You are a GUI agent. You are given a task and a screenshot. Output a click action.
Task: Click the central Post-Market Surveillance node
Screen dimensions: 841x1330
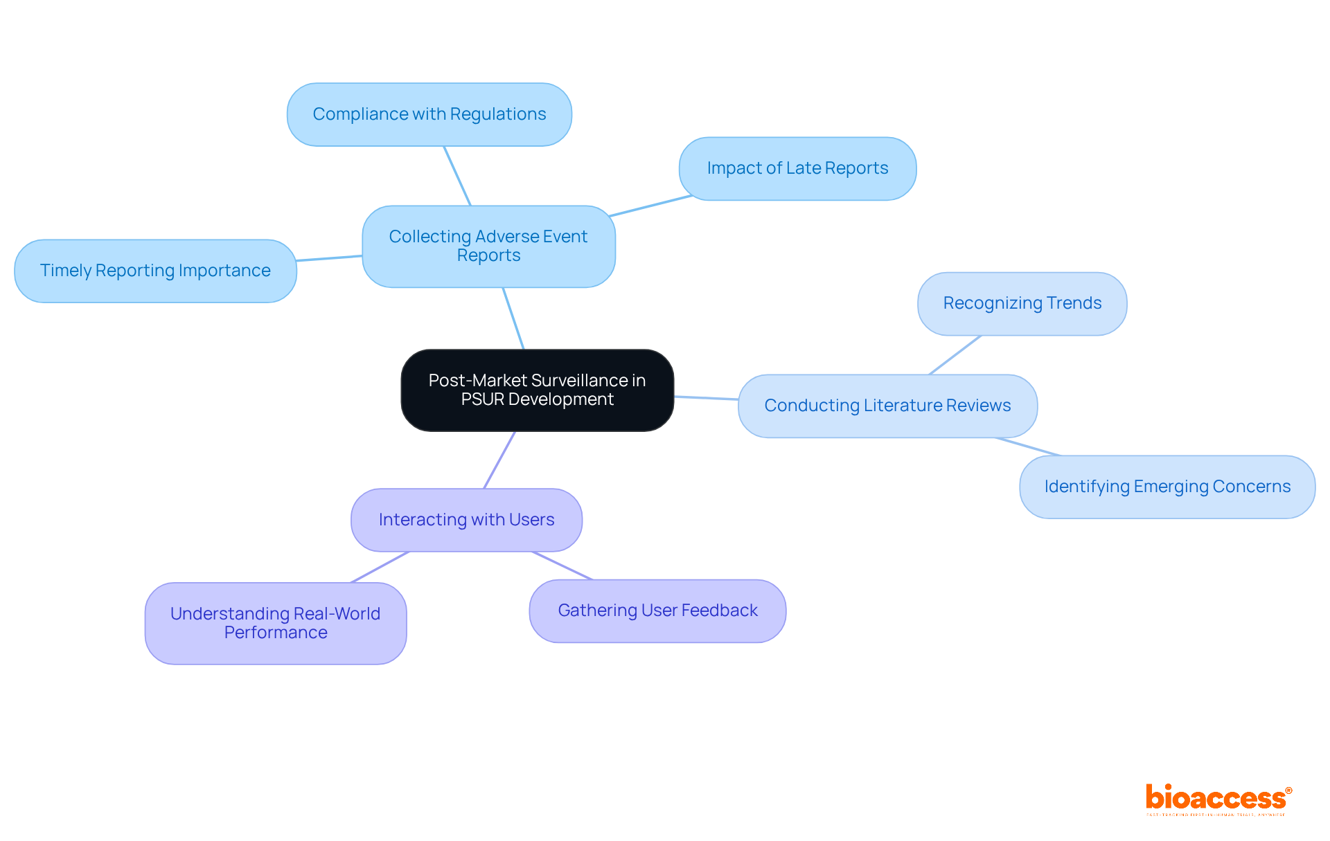pos(537,390)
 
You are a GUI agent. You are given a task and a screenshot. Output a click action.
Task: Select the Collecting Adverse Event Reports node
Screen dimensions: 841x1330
pos(488,246)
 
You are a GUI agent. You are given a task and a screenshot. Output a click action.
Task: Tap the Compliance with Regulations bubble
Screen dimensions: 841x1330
pos(429,114)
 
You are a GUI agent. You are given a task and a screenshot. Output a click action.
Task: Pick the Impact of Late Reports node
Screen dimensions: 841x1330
pos(797,168)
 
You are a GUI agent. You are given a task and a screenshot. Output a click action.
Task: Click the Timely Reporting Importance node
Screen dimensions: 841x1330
pos(155,271)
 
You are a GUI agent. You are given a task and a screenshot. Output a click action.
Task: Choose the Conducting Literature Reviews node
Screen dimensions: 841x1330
pos(887,406)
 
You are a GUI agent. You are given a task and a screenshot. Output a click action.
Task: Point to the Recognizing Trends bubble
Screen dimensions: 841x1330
pos(1022,303)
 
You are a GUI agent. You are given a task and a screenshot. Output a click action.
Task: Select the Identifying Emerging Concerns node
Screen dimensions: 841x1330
pos(1167,487)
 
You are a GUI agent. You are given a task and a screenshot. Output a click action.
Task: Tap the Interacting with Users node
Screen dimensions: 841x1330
pos(466,520)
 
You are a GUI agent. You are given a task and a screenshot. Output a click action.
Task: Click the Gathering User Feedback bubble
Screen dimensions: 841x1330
pos(657,611)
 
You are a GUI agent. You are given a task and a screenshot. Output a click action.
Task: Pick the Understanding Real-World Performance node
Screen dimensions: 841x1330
pos(275,623)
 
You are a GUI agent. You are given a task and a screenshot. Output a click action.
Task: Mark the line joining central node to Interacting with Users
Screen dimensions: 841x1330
pos(499,460)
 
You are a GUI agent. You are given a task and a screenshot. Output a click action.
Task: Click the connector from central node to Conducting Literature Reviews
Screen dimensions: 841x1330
pos(706,398)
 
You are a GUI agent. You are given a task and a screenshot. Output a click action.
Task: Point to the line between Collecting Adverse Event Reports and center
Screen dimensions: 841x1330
pos(513,318)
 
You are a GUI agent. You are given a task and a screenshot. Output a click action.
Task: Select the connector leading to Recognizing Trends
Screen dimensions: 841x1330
pos(955,355)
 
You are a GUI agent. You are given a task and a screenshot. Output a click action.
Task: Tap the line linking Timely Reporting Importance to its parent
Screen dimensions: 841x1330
pos(329,258)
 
